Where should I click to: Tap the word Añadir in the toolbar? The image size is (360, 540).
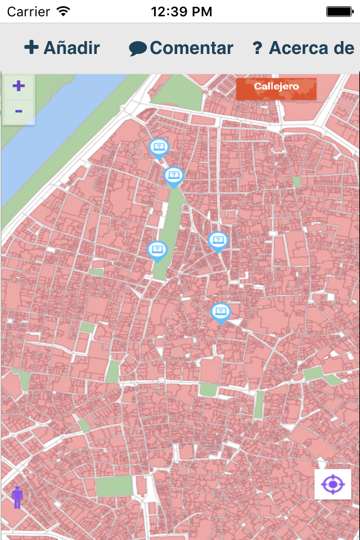[71, 48]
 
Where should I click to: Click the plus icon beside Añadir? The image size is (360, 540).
[31, 47]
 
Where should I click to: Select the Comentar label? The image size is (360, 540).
[191, 48]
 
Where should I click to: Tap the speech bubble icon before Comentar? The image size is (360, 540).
[137, 49]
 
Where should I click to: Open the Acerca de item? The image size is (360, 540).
[311, 48]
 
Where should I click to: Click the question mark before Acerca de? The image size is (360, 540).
[258, 48]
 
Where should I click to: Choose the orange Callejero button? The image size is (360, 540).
[276, 87]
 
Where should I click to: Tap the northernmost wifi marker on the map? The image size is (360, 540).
[159, 148]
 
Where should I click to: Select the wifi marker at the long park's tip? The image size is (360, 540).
[174, 176]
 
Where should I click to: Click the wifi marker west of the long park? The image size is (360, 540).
[157, 250]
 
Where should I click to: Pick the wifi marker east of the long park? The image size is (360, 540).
[218, 241]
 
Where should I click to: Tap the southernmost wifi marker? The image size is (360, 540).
[220, 312]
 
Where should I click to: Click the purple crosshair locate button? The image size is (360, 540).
[332, 484]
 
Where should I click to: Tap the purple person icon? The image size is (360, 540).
[17, 497]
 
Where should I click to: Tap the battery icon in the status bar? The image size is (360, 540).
[339, 11]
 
